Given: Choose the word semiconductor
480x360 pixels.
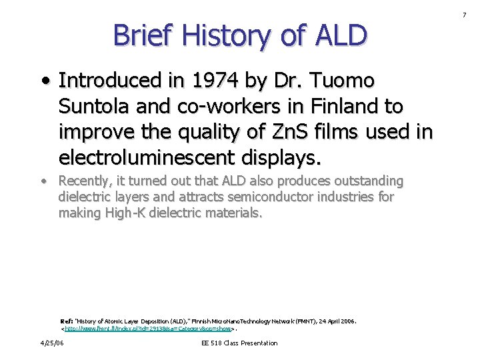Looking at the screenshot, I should click(x=263, y=197).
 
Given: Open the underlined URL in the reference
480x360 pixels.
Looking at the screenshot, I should click(x=147, y=329).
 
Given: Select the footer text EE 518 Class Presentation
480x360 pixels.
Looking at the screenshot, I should click(x=239, y=343).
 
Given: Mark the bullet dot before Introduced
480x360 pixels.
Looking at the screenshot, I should click(x=44, y=82).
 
